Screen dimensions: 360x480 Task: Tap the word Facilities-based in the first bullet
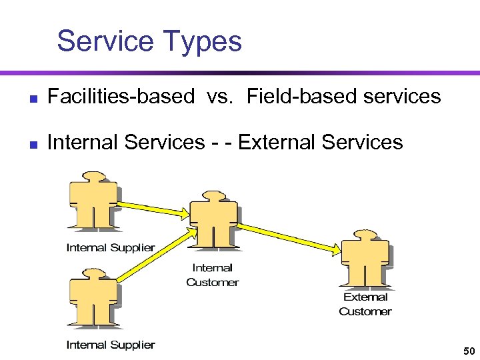[120, 97]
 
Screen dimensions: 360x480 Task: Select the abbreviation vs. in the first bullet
[221, 97]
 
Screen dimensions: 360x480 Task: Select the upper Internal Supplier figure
[93, 201]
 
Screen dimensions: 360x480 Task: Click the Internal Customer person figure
[213, 219]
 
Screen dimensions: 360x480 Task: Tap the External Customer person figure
[365, 259]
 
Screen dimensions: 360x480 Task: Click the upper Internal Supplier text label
[111, 247]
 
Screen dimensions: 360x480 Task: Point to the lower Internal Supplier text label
[111, 345]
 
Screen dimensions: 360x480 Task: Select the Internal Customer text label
[213, 275]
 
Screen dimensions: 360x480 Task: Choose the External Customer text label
[365, 304]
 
